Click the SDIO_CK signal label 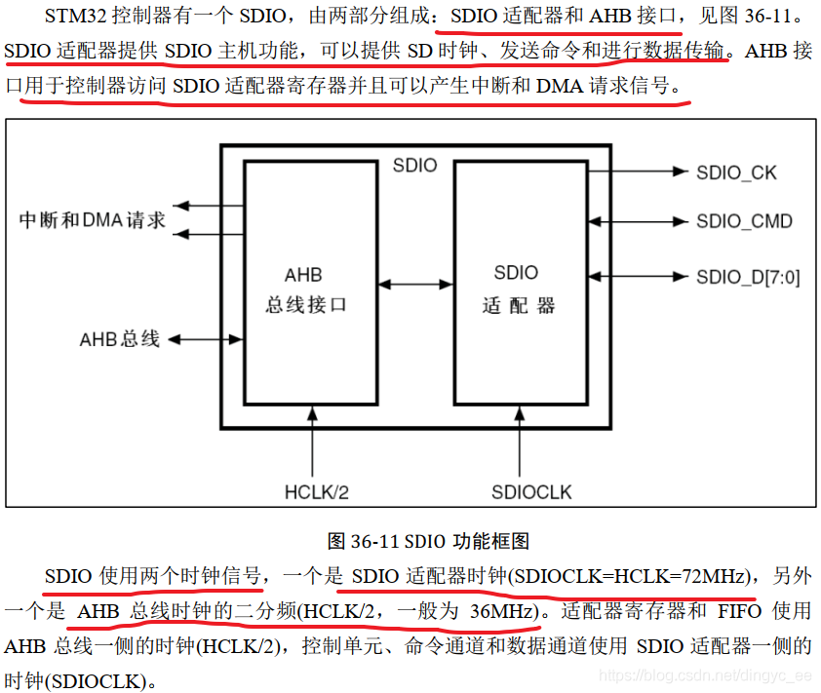tap(736, 173)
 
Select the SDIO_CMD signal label tap(744, 221)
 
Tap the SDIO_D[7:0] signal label tap(748, 278)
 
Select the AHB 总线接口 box tap(310, 283)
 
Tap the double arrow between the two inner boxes tap(415, 284)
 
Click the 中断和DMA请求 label tap(92, 220)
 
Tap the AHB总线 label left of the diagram tap(119, 340)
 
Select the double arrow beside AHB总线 tap(205, 340)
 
